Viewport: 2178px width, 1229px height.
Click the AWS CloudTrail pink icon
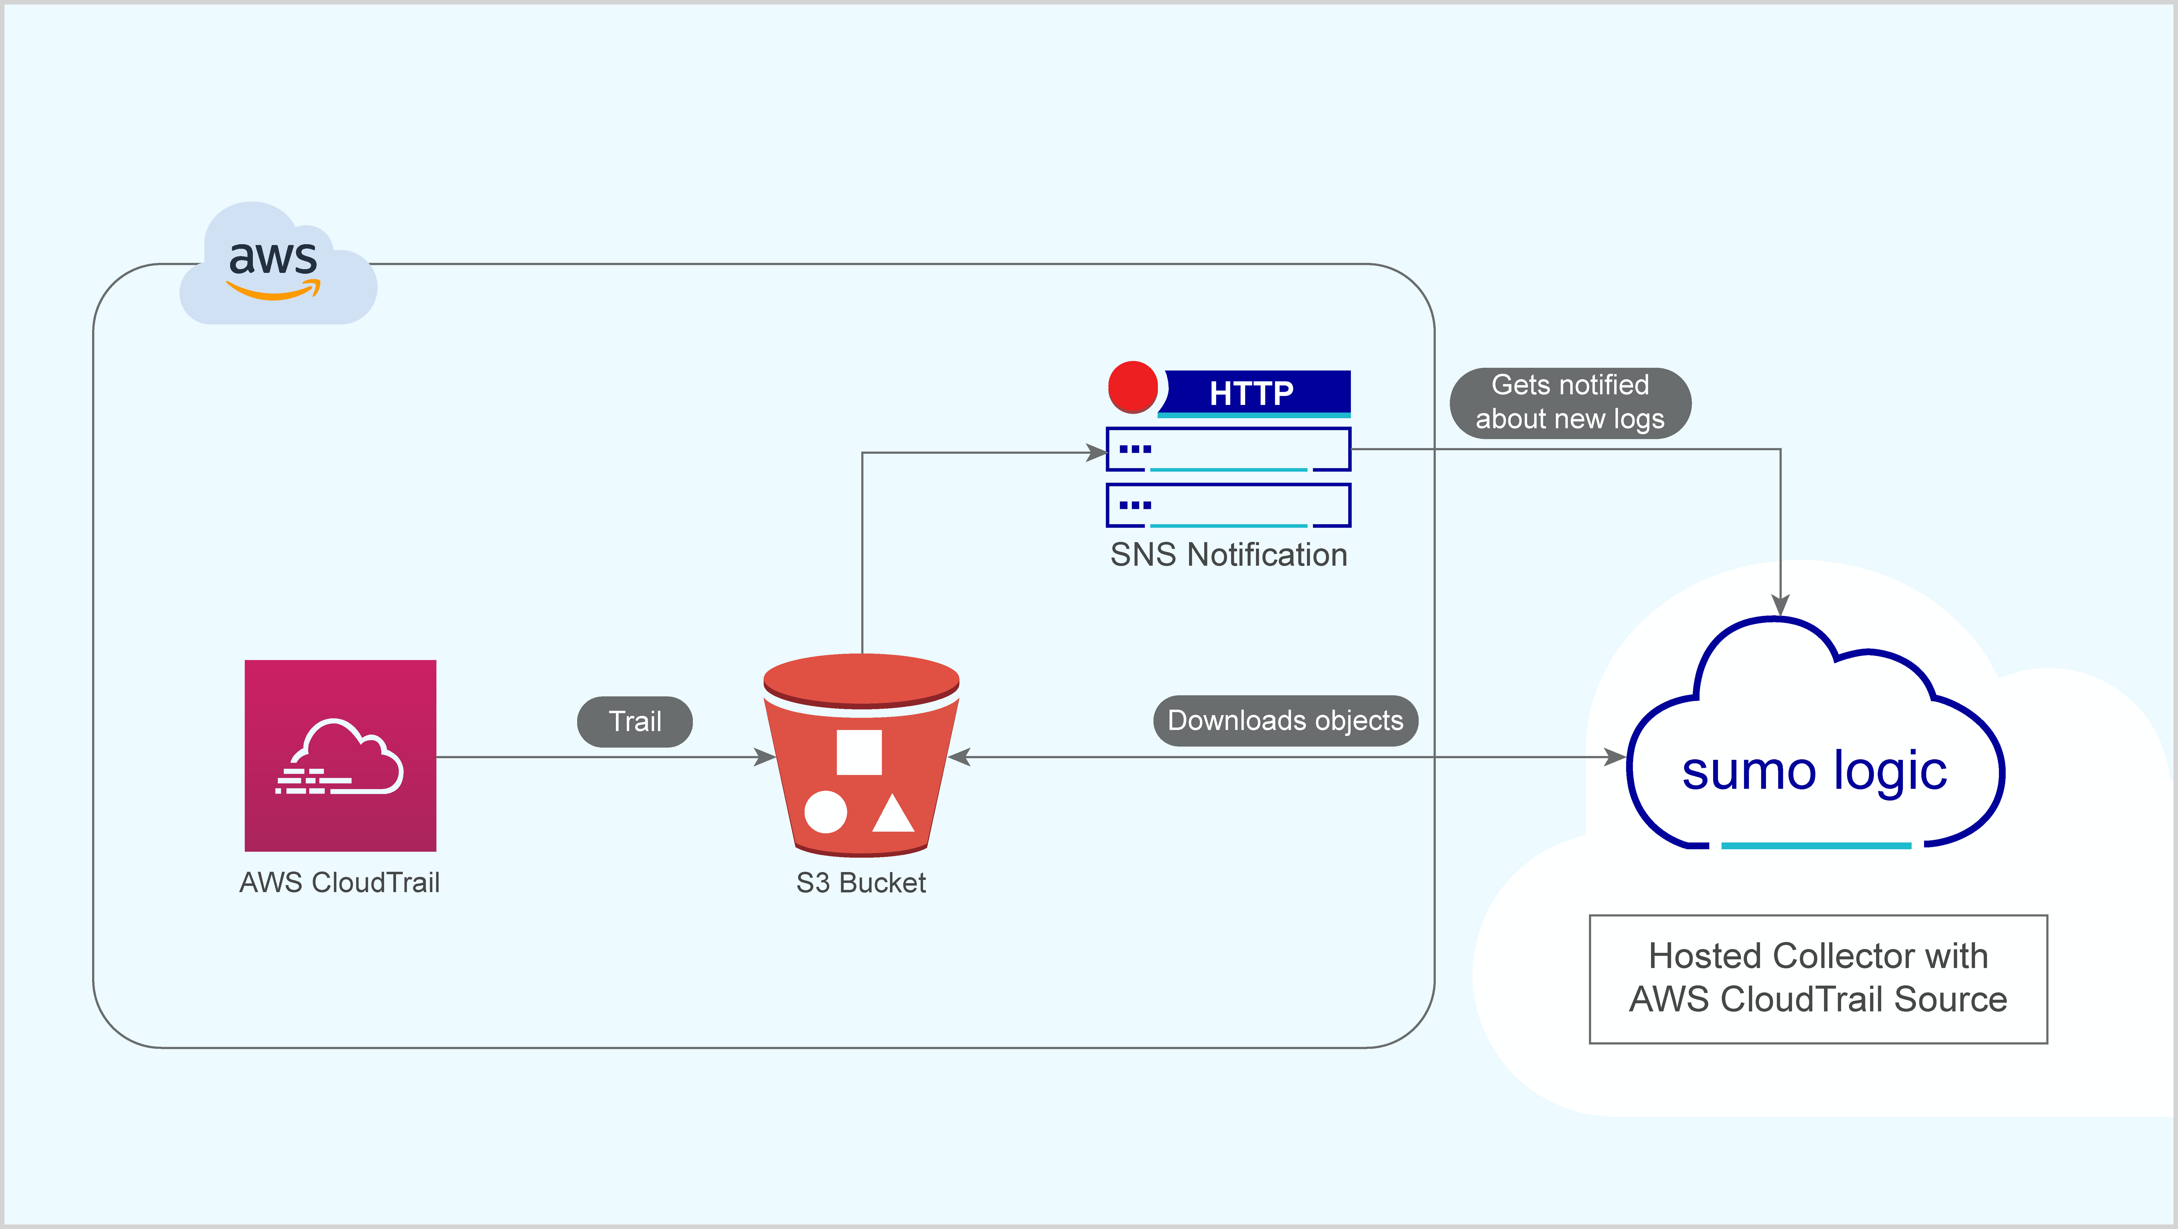[340, 755]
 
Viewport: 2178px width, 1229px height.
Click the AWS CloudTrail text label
[339, 882]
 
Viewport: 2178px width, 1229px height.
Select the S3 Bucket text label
[861, 882]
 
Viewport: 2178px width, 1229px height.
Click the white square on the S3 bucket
[859, 751]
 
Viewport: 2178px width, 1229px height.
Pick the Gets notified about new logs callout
[1570, 402]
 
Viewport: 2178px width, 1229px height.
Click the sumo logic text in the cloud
[1815, 771]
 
